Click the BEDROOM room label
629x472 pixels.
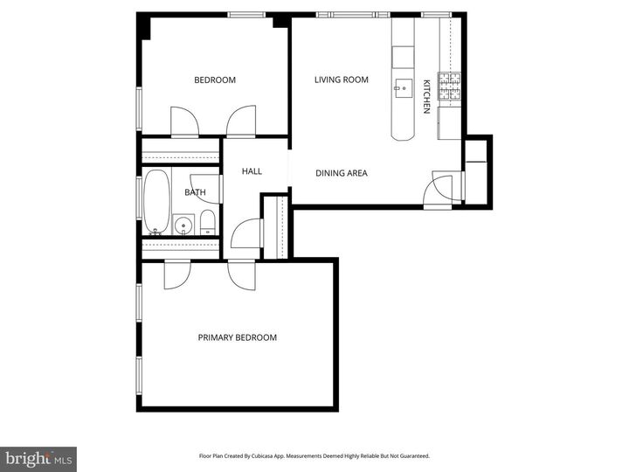pyautogui.click(x=215, y=80)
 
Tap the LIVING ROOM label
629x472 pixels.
pyautogui.click(x=342, y=80)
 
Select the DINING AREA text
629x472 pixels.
pyautogui.click(x=342, y=173)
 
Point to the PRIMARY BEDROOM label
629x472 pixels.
pyautogui.click(x=237, y=338)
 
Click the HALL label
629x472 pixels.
pyautogui.click(x=252, y=171)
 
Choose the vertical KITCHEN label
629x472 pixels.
pyautogui.click(x=426, y=97)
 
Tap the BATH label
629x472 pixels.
pyautogui.click(x=195, y=192)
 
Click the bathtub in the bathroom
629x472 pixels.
pyautogui.click(x=157, y=201)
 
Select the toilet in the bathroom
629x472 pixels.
pyautogui.click(x=208, y=222)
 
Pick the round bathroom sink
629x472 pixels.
pyautogui.click(x=183, y=226)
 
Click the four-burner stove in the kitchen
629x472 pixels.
pyautogui.click(x=449, y=86)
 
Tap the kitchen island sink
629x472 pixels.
pyautogui.click(x=404, y=87)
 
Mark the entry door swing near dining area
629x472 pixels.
pyautogui.click(x=441, y=189)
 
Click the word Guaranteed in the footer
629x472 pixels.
pyautogui.click(x=411, y=456)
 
